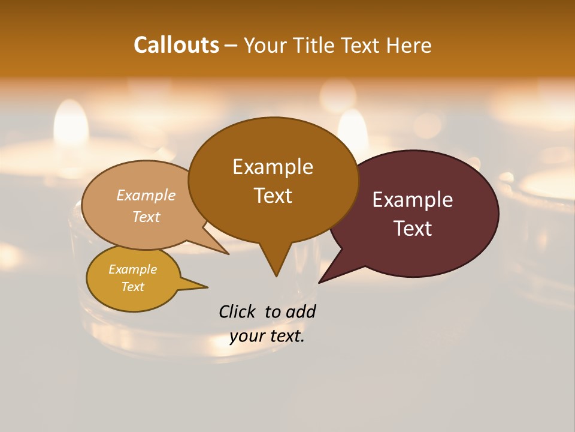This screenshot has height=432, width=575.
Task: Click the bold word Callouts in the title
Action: [176, 45]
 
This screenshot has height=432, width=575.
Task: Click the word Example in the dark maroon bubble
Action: [413, 200]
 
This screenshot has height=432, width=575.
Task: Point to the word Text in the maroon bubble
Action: [413, 229]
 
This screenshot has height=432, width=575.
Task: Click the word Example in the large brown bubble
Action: [273, 167]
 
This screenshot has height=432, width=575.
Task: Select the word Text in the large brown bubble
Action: [273, 196]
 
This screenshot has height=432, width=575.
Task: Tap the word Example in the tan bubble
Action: [146, 196]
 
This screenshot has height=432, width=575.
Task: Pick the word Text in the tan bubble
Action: [146, 217]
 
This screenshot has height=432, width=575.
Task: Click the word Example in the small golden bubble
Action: [133, 269]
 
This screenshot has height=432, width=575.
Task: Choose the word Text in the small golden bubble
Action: [133, 287]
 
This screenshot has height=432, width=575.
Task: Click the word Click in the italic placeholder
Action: [237, 311]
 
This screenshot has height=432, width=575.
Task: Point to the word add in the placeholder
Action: [301, 311]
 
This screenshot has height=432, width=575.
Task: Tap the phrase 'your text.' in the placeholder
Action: [267, 336]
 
